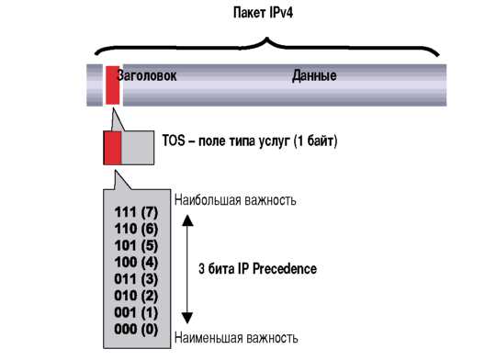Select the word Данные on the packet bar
(x=314, y=76)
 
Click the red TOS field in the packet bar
(x=112, y=84)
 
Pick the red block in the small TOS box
(x=112, y=148)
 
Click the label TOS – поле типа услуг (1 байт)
(x=251, y=142)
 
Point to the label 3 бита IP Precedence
(x=258, y=269)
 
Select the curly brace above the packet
(x=266, y=46)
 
